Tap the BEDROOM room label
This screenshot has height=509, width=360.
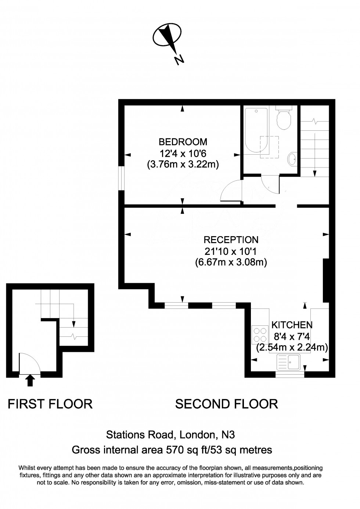point(183,141)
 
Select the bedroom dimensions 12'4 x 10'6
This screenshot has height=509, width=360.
point(183,153)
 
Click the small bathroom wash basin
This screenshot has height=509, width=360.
point(292,159)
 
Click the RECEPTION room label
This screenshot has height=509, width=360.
point(231,240)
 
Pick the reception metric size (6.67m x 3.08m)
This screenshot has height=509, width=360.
point(231,262)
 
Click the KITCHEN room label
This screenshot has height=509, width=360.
point(292,325)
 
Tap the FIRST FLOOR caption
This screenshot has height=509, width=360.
point(50,404)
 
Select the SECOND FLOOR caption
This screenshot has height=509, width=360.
point(226,404)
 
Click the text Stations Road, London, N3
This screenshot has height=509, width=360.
point(170,435)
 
